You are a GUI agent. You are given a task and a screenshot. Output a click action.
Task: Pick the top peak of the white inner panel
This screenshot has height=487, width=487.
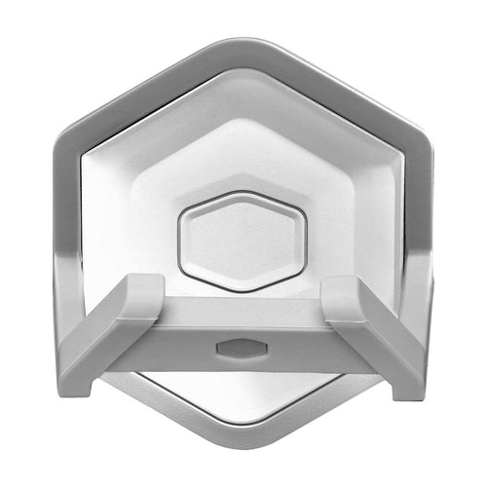(x=243, y=78)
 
